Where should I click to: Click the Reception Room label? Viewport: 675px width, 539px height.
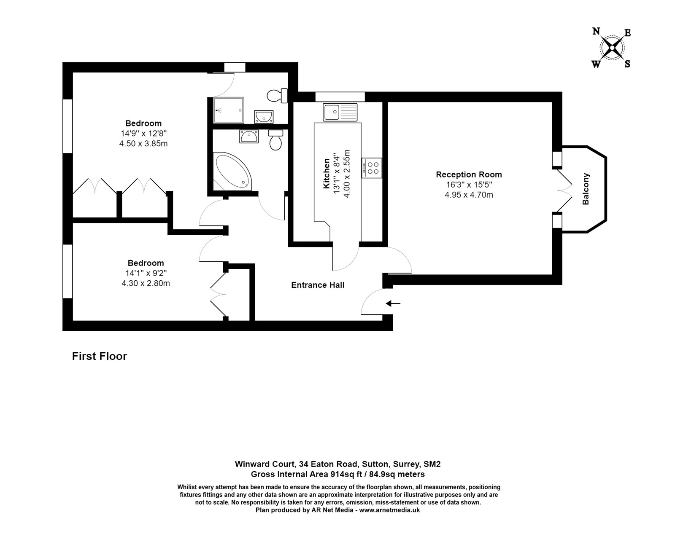click(469, 174)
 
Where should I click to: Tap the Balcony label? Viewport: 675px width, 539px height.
click(586, 189)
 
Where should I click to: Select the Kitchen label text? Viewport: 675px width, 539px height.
click(326, 173)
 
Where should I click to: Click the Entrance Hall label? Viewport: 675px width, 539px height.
click(318, 285)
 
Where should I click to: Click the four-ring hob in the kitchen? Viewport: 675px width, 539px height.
click(372, 168)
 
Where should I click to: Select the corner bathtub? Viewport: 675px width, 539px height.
click(231, 172)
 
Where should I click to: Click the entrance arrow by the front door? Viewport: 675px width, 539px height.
click(393, 303)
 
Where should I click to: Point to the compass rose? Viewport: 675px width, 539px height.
click(612, 48)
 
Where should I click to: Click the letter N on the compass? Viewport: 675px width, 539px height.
click(597, 31)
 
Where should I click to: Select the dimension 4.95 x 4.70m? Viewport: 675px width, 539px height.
click(469, 195)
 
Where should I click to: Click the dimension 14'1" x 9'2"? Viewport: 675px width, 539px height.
click(146, 273)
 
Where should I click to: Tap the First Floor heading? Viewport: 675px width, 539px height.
click(100, 356)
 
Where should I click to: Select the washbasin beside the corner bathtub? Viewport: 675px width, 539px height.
click(248, 136)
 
